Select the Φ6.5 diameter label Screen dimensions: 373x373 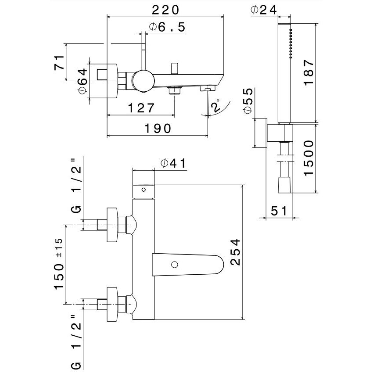pos(167,27)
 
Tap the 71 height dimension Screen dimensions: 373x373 pos(60,62)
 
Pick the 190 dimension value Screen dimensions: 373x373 pos(157,128)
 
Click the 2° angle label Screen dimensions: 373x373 pos(215,107)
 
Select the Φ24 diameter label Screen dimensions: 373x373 pos(265,9)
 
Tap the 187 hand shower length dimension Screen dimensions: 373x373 pos(309,72)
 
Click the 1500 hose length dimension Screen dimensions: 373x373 pos(309,158)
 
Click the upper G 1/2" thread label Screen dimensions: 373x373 pos(75,188)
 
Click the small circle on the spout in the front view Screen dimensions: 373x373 pos(175,265)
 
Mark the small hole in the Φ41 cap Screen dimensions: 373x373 pos(143,190)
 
